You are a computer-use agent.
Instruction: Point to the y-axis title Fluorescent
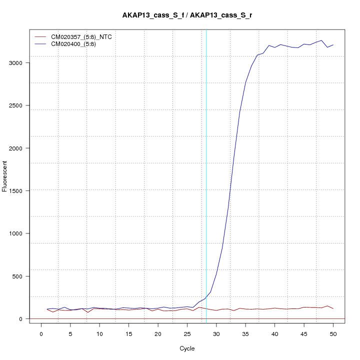click(5, 176)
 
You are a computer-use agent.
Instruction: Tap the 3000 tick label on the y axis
click(16, 63)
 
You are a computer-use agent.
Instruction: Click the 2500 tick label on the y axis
click(16, 105)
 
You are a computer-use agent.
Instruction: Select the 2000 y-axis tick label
click(16, 148)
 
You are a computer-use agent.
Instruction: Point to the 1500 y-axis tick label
click(16, 191)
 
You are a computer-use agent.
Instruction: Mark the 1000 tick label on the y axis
click(16, 233)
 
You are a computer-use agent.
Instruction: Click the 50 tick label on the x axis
click(333, 333)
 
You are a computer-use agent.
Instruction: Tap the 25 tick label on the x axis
click(187, 333)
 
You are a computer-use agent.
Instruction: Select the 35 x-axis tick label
click(245, 333)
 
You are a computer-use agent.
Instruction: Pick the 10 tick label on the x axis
click(99, 333)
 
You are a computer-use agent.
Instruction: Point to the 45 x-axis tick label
click(304, 333)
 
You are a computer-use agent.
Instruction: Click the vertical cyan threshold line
click(206, 175)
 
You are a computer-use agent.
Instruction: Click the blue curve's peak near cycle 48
click(321, 40)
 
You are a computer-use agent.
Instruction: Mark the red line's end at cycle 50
click(333, 308)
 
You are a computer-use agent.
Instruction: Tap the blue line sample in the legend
click(41, 44)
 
